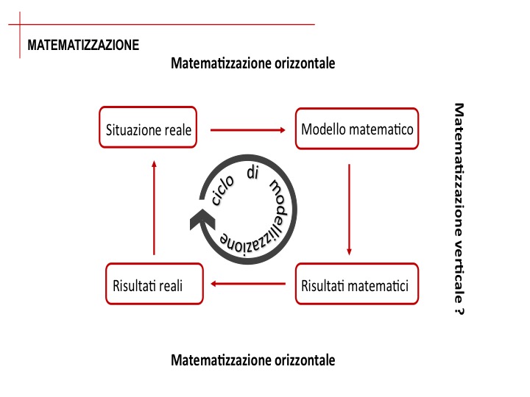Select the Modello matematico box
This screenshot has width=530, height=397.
click(357, 129)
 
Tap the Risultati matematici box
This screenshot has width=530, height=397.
click(356, 285)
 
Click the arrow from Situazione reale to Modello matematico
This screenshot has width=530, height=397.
click(247, 130)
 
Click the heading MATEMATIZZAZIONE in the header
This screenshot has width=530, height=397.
click(83, 45)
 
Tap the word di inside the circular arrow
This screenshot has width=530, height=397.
click(253, 174)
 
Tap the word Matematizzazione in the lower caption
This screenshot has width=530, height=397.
click(214, 360)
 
